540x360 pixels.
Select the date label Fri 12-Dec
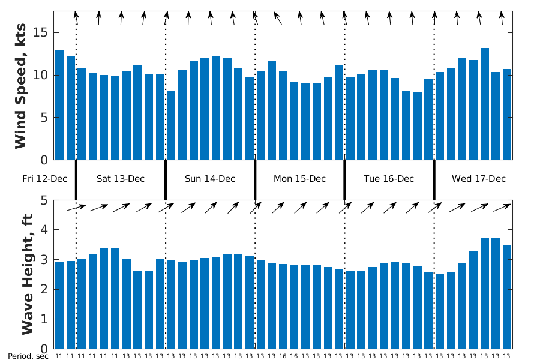[x=45, y=179]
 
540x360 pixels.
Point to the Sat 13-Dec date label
[x=121, y=179]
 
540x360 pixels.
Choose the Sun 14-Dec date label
[x=210, y=179]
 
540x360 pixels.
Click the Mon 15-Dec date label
[x=299, y=179]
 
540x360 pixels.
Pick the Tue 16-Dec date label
[x=389, y=179]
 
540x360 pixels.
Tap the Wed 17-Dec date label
[x=479, y=179]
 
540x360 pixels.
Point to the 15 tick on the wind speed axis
[x=43, y=33]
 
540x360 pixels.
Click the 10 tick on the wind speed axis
[x=43, y=76]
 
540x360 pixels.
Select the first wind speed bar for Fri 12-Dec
[x=59, y=105]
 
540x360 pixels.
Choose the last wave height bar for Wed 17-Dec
[x=507, y=296]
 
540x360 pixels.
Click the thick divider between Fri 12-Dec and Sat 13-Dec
[x=76, y=179]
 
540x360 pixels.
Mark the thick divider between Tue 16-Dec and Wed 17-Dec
[x=434, y=179]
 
